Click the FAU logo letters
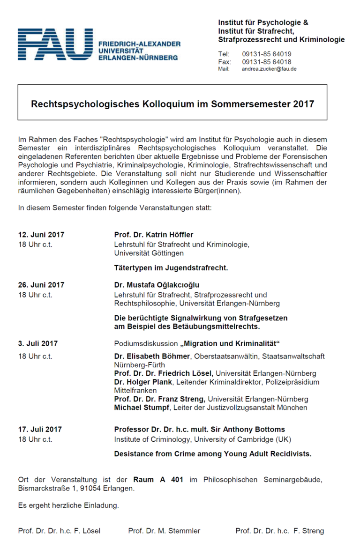click(x=55, y=44)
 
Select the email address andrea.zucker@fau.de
click(x=269, y=69)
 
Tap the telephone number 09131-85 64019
click(x=266, y=54)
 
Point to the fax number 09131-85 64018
click(x=266, y=62)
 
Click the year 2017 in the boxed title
click(x=303, y=104)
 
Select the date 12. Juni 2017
click(x=41, y=235)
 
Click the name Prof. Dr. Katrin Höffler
click(x=153, y=235)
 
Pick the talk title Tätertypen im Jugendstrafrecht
click(x=171, y=268)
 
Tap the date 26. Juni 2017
click(x=41, y=285)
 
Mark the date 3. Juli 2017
click(x=38, y=343)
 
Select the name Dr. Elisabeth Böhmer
click(x=153, y=356)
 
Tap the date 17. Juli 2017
click(x=40, y=429)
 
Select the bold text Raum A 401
click(x=158, y=480)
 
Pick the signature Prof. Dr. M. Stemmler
click(x=164, y=531)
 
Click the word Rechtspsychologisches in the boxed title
click(x=82, y=104)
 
